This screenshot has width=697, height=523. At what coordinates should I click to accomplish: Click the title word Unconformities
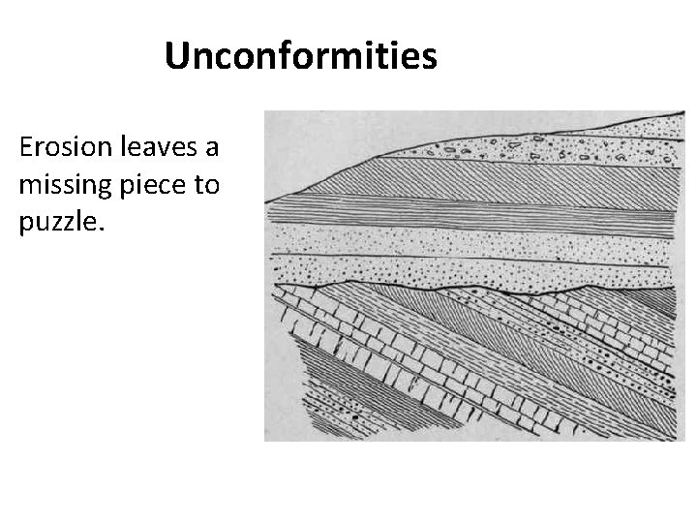[300, 56]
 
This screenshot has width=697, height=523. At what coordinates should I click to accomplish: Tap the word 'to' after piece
[208, 184]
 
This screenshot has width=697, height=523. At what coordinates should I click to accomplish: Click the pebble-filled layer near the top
[542, 145]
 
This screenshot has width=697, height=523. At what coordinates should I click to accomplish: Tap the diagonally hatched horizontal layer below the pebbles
[465, 179]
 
